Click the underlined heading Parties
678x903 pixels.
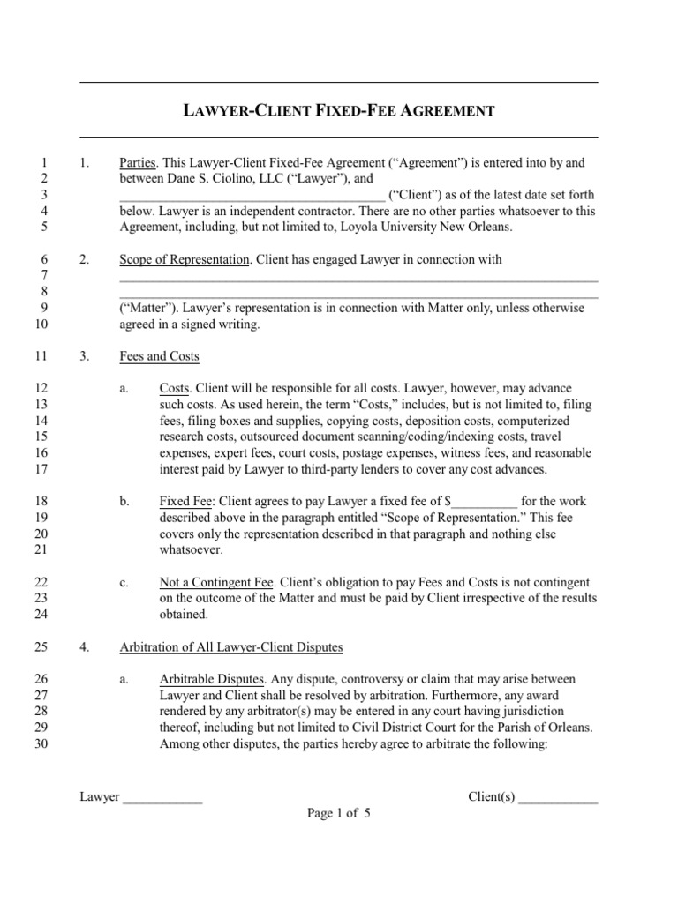coord(138,163)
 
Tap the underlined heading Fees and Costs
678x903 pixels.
coord(159,356)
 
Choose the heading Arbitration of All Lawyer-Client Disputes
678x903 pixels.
coord(230,647)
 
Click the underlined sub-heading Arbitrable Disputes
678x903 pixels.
coord(210,680)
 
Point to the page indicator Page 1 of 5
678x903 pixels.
coord(339,814)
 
